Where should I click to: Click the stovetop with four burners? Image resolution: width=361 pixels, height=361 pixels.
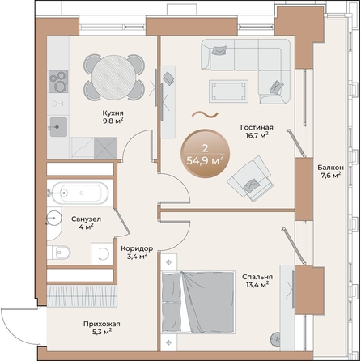click(x=58, y=83)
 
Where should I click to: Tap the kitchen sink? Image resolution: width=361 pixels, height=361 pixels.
click(x=57, y=125)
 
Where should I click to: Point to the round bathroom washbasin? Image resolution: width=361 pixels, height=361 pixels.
click(x=53, y=219)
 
